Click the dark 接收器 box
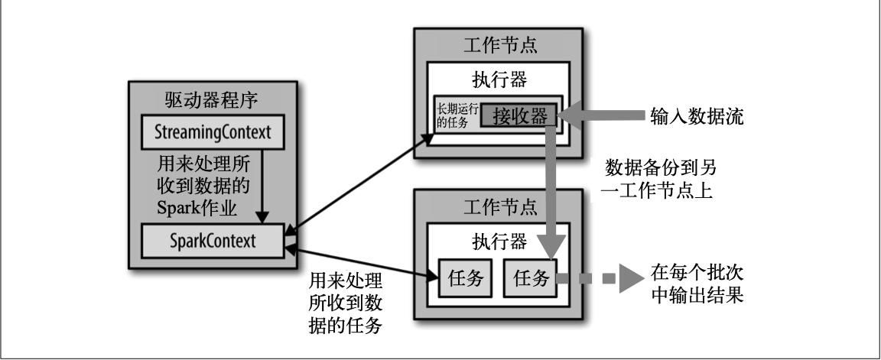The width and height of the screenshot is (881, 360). point(519,117)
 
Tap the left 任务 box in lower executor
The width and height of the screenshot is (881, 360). point(465,278)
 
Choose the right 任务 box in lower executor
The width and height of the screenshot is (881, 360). point(531,278)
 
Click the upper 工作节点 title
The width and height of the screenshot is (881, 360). point(499,44)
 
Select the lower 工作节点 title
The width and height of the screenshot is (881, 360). point(499,206)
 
